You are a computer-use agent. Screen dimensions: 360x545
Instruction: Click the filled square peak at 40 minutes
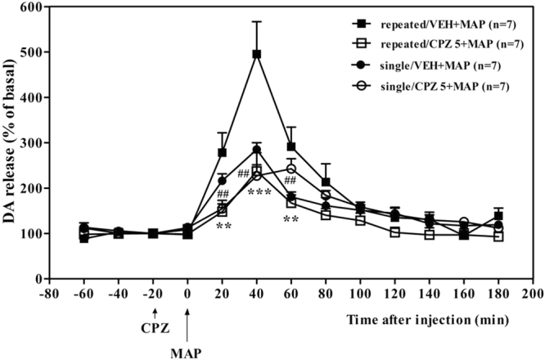click(257, 54)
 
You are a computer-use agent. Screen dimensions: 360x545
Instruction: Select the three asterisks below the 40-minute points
click(259, 192)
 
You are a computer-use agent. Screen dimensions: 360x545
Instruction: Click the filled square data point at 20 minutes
click(223, 153)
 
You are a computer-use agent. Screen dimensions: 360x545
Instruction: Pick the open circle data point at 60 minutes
click(291, 169)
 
